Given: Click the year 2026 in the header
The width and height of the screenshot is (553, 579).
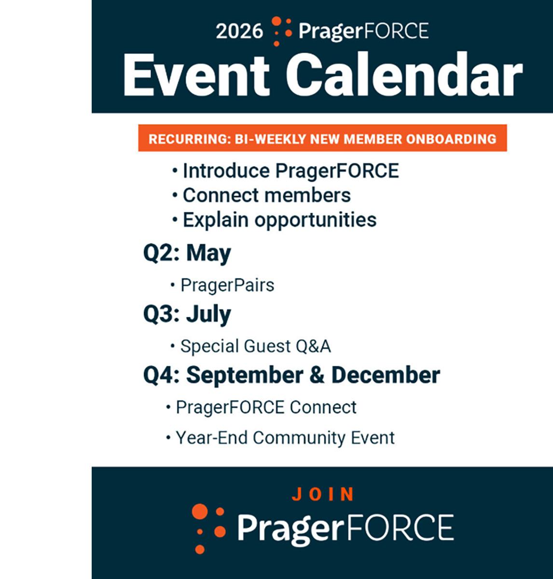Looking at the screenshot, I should tap(239, 32).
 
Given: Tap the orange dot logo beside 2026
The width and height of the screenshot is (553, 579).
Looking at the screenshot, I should tap(281, 31).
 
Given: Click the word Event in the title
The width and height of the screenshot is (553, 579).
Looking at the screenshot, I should tap(196, 75).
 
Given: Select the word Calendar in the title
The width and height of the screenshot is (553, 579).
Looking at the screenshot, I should tap(405, 75).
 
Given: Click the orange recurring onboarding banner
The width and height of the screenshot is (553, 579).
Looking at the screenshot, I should tap(322, 139).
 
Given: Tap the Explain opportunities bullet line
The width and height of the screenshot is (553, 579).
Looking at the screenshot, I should tap(279, 220).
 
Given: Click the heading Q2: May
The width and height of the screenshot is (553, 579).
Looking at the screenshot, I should tap(187, 253).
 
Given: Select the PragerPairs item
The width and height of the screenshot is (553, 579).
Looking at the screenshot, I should tap(227, 285).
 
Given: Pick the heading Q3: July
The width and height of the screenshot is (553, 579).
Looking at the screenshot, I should tap(187, 314).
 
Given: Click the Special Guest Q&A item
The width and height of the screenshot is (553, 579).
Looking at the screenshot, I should tap(255, 346).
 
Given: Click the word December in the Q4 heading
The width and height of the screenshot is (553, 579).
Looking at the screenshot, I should tap(386, 375).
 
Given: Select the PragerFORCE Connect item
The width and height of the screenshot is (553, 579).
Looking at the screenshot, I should tap(266, 408).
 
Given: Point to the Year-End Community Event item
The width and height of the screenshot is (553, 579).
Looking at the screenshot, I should tap(285, 438).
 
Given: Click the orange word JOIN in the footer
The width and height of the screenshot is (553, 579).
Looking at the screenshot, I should tap(323, 494).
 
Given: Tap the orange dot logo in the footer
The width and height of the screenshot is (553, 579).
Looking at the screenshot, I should tap(208, 527).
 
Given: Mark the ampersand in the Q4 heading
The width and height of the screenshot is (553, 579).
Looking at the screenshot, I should tap(317, 375).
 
